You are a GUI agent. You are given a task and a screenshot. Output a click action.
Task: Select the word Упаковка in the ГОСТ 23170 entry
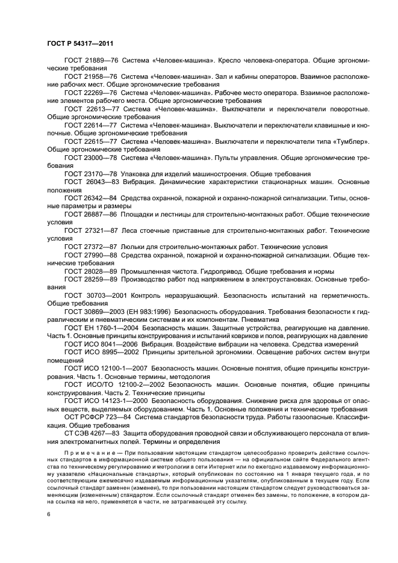point(137,173)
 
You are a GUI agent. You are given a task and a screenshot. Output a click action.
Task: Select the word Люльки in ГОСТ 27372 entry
point(134,246)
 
